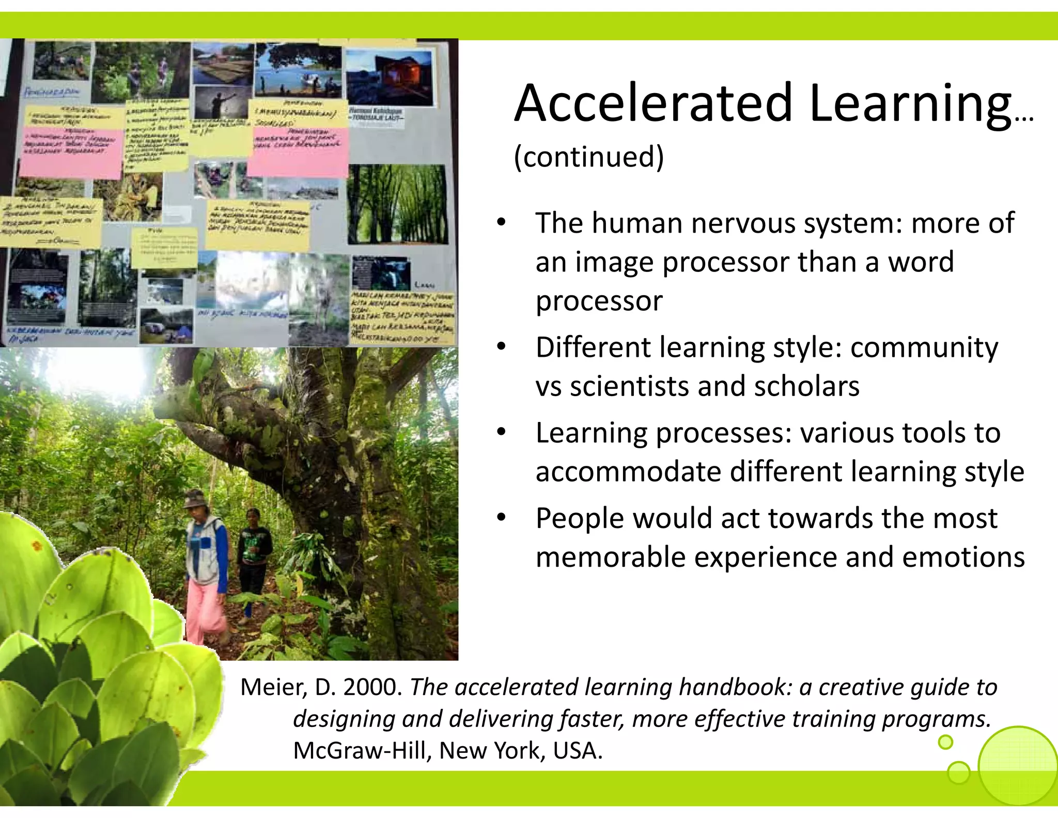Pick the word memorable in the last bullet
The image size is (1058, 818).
(x=610, y=557)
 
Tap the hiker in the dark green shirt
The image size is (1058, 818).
(x=254, y=548)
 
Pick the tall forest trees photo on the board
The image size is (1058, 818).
(x=397, y=204)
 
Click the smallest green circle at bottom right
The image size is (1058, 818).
(x=945, y=743)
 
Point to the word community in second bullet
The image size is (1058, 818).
(x=924, y=347)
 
